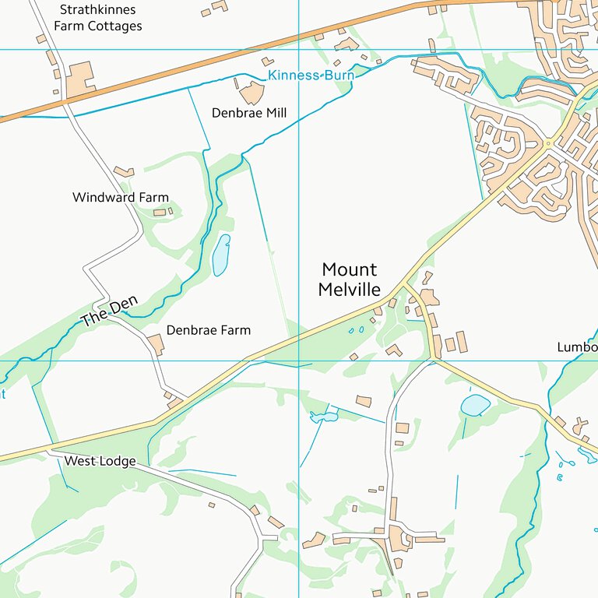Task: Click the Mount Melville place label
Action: pyautogui.click(x=350, y=280)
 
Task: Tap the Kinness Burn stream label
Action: pyautogui.click(x=311, y=76)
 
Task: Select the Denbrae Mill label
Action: pyautogui.click(x=249, y=113)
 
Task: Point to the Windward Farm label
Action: pyautogui.click(x=120, y=198)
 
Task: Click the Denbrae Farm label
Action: pyautogui.click(x=209, y=330)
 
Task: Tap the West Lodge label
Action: pyautogui.click(x=100, y=461)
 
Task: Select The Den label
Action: pyautogui.click(x=104, y=313)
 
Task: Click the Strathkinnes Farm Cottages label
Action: pyautogui.click(x=98, y=18)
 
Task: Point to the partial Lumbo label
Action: pyautogui.click(x=577, y=347)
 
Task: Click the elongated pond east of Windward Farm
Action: pyautogui.click(x=221, y=255)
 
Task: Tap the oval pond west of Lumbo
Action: pyautogui.click(x=475, y=405)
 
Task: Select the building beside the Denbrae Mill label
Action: pyautogui.click(x=252, y=93)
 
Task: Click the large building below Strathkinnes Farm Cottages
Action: pyautogui.click(x=80, y=79)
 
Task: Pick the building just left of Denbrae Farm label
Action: pyautogui.click(x=156, y=343)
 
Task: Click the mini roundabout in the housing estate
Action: pyautogui.click(x=549, y=144)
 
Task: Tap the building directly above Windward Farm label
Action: pyautogui.click(x=124, y=171)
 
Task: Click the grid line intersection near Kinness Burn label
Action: pyautogui.click(x=299, y=49)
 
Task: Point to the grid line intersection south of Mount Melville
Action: pyautogui.click(x=299, y=361)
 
